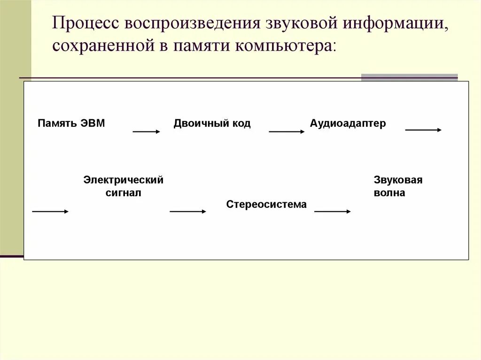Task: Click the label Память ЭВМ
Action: [x=71, y=123]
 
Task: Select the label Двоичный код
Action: [x=212, y=123]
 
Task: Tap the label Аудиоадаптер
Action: [x=348, y=123]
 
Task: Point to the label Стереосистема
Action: [x=266, y=204]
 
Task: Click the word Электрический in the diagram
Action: [x=124, y=180]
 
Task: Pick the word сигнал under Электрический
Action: [x=124, y=192]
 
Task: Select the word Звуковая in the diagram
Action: [x=398, y=180]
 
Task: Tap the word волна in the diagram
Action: [x=389, y=192]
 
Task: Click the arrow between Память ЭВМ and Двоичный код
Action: [x=147, y=132]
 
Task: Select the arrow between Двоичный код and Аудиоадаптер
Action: [x=287, y=132]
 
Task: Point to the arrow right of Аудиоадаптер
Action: [x=423, y=130]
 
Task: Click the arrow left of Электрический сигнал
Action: [x=50, y=212]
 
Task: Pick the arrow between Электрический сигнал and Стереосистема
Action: [x=188, y=212]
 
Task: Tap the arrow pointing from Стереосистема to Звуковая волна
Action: [x=333, y=212]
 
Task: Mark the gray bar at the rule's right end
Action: [x=409, y=77]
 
